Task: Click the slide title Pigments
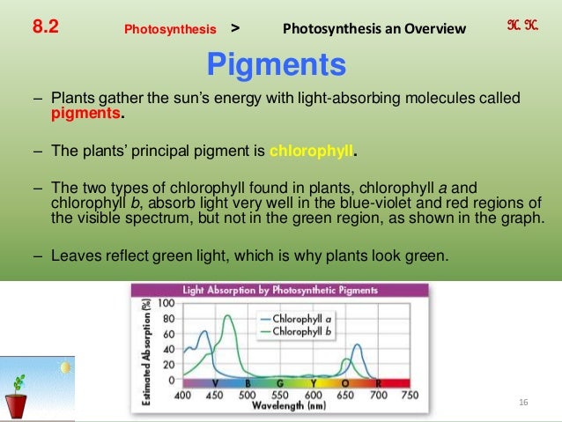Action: (x=276, y=64)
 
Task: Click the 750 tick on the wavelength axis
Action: (x=409, y=396)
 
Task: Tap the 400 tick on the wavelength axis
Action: (x=183, y=396)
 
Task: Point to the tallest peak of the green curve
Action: (x=229, y=315)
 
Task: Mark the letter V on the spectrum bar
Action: (x=216, y=383)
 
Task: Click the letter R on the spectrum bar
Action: (x=378, y=383)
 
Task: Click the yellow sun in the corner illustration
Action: (x=63, y=366)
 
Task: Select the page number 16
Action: (x=523, y=403)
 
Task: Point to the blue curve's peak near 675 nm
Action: (x=357, y=345)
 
